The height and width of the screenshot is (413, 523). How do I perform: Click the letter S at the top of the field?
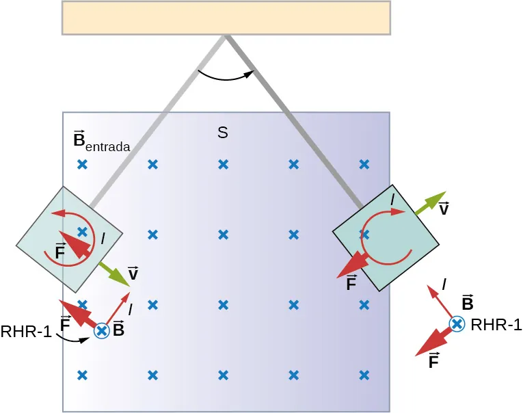(222, 133)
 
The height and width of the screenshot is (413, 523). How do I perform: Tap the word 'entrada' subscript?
(109, 146)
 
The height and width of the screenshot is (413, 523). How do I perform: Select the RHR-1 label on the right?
(496, 325)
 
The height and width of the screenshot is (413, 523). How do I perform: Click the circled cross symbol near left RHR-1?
(102, 331)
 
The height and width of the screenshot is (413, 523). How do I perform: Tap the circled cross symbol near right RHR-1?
(457, 324)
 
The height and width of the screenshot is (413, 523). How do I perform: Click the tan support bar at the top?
(226, 17)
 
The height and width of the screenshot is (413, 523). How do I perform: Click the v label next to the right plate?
(444, 209)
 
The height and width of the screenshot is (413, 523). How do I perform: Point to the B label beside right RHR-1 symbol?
(468, 304)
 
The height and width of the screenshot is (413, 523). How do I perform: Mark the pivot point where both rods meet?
(226, 36)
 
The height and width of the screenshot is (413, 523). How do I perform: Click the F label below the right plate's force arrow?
(351, 283)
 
